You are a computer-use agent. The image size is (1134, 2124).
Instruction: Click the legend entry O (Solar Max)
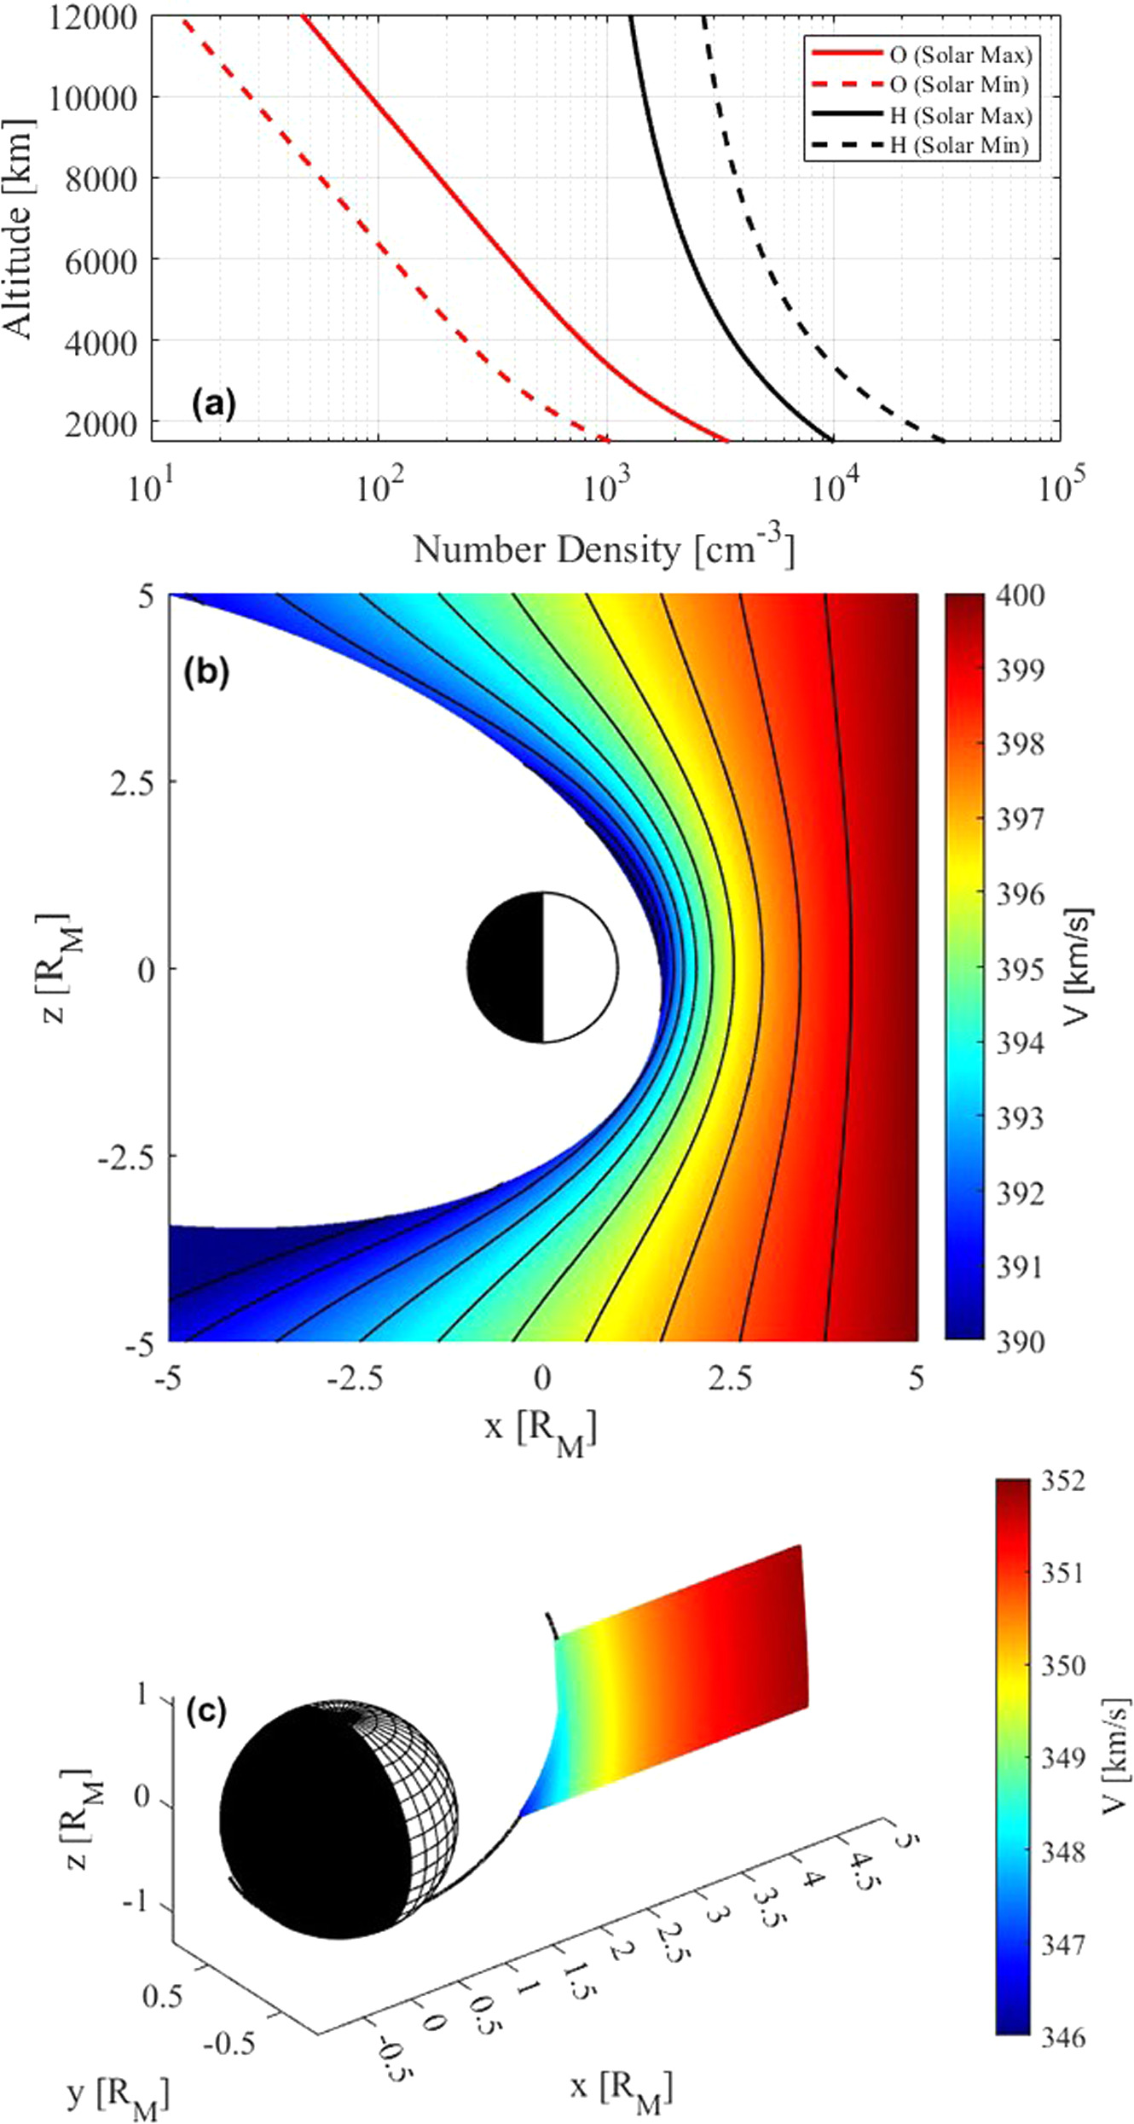tap(959, 55)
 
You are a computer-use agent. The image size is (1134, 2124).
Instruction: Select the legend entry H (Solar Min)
tap(959, 145)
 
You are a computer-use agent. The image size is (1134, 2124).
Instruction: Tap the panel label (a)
tap(213, 403)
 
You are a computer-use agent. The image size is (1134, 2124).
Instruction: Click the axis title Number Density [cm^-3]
tap(604, 549)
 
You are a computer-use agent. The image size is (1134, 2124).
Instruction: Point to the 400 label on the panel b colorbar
tap(1021, 595)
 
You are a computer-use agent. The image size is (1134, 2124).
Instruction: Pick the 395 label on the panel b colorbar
tap(1021, 970)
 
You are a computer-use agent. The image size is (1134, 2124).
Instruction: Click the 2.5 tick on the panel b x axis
tap(730, 1378)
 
